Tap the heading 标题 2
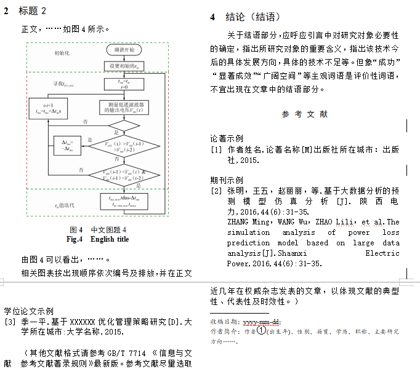tap(33, 11)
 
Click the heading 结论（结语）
tap(253, 17)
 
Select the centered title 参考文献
tap(305, 114)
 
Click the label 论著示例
tap(227, 138)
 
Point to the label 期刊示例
tap(227, 180)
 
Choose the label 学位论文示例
tap(28, 311)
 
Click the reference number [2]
tap(216, 191)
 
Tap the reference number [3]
tap(10, 322)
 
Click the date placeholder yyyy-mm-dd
tap(262, 322)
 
